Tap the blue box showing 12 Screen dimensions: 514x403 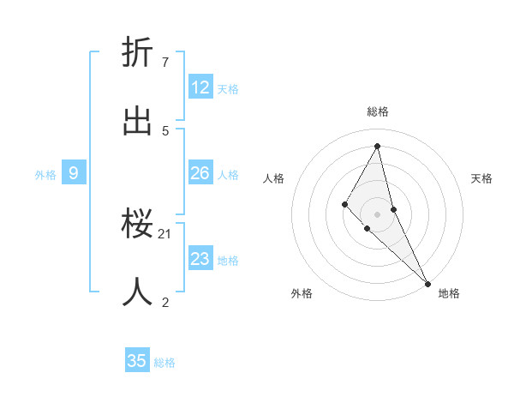tap(200, 87)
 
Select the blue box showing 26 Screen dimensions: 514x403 tap(200, 173)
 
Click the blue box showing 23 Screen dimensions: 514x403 tap(200, 259)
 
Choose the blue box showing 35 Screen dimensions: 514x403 tap(137, 361)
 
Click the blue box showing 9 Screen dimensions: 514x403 tap(74, 173)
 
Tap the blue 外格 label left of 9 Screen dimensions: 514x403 tap(45, 175)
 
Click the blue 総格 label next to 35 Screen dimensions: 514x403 tap(164, 363)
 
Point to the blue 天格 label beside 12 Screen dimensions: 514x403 tap(228, 89)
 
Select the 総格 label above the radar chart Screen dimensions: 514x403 tap(378, 111)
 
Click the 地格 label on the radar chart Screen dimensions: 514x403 tap(449, 293)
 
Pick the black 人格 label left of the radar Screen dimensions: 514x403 tap(273, 178)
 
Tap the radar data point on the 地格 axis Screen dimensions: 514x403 tap(427, 283)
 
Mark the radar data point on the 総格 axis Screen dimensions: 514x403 tap(378, 146)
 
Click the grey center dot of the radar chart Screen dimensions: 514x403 tap(378, 214)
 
